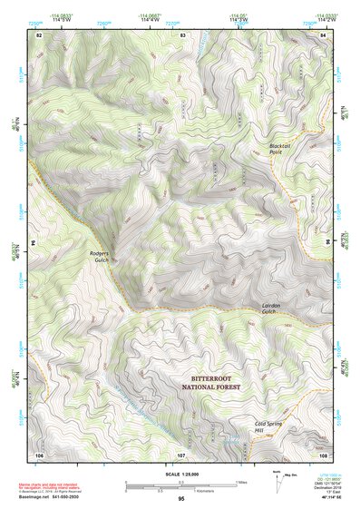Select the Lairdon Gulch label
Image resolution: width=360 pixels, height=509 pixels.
pos(275,310)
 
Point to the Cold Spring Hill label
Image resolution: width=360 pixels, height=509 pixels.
pos(271,426)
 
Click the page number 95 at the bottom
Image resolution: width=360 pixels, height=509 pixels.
pos(180,499)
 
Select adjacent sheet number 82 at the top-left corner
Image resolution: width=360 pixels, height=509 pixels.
pos(38,34)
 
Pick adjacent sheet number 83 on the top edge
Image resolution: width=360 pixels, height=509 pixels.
pos(182,34)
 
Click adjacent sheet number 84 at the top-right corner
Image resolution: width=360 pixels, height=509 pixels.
pos(324,34)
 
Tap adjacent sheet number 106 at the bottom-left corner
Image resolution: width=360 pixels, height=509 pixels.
pos(39,454)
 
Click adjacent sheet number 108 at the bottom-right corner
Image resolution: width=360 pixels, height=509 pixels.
pos(323,454)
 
